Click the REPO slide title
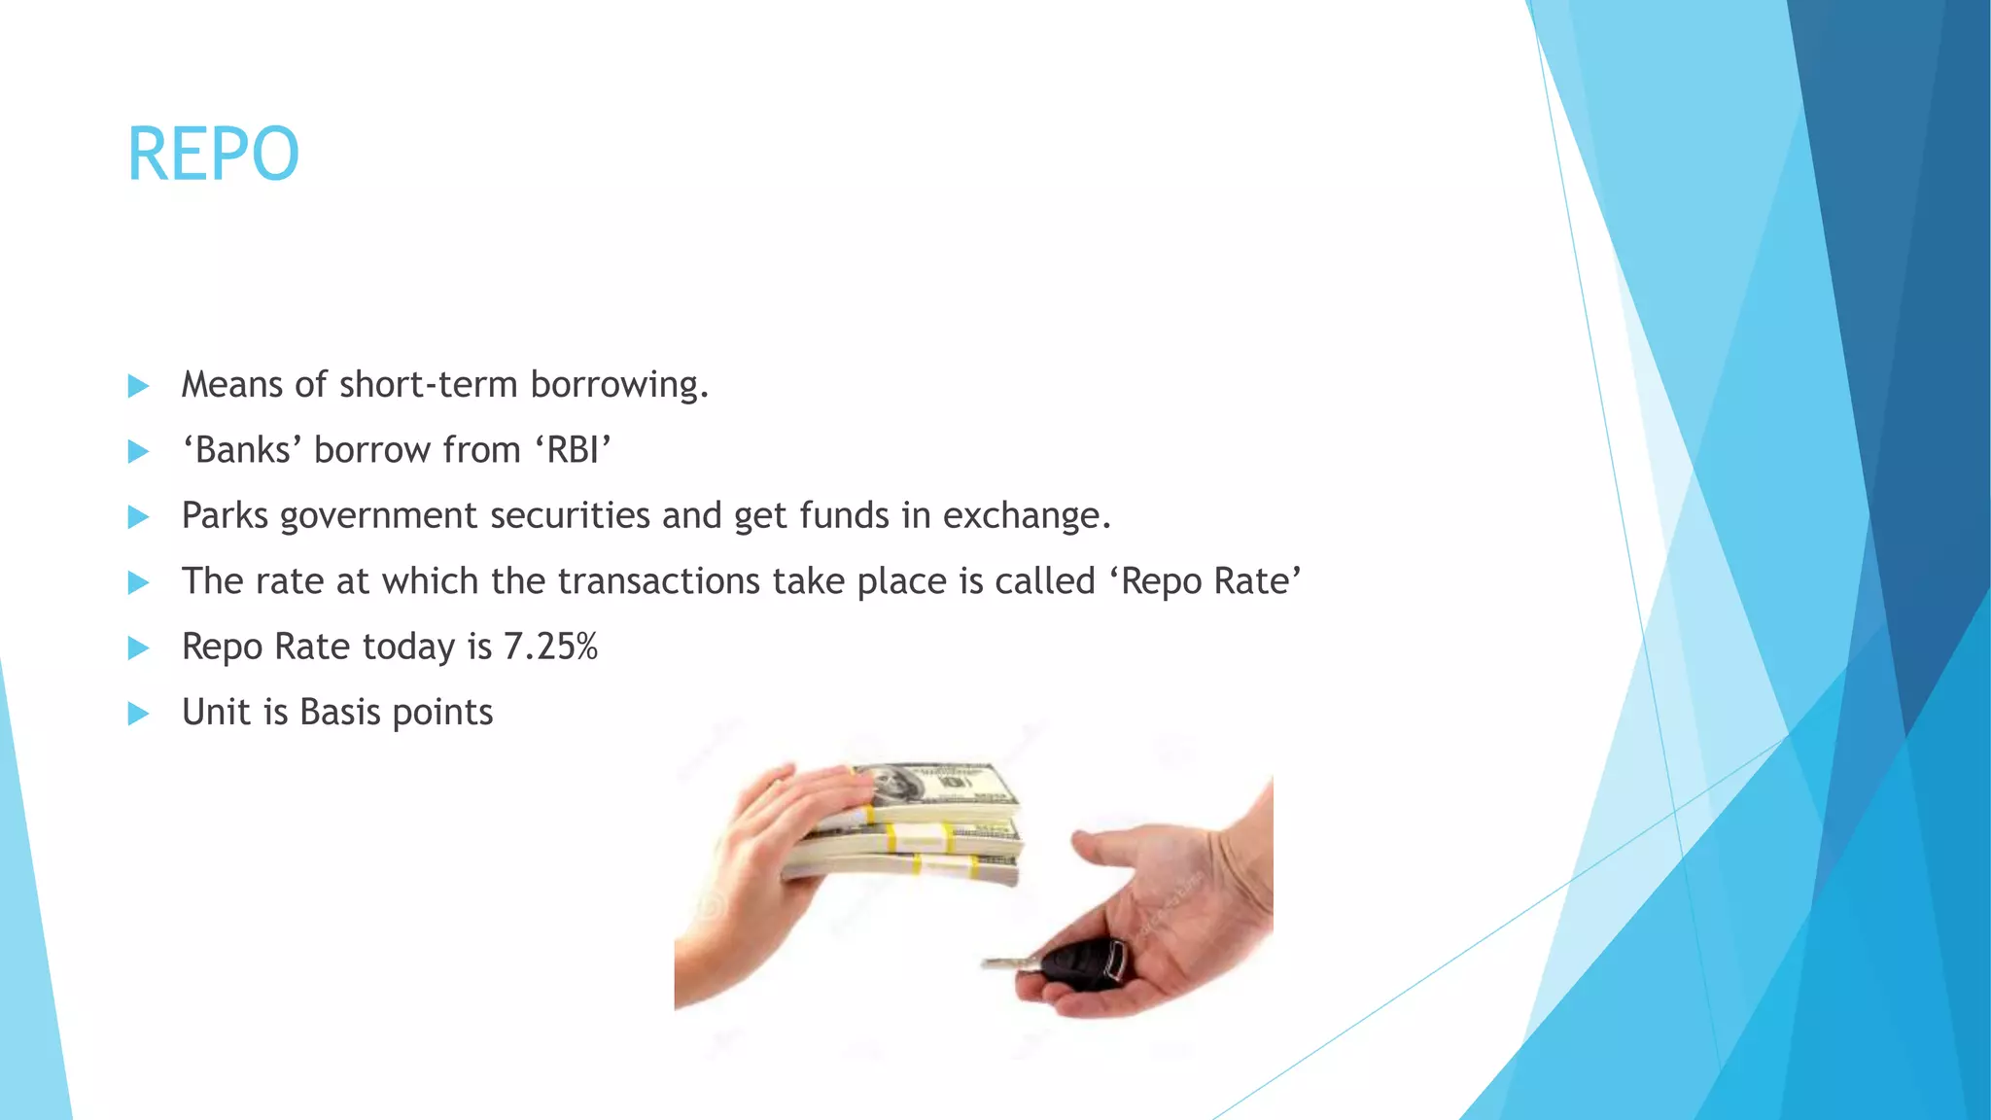click(213, 155)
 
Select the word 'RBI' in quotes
click(573, 450)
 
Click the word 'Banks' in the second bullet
click(243, 450)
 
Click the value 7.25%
click(550, 647)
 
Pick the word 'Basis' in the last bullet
click(339, 712)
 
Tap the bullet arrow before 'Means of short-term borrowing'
click(138, 386)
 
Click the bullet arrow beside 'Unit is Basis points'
click(138, 714)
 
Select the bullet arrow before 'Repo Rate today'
click(138, 648)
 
